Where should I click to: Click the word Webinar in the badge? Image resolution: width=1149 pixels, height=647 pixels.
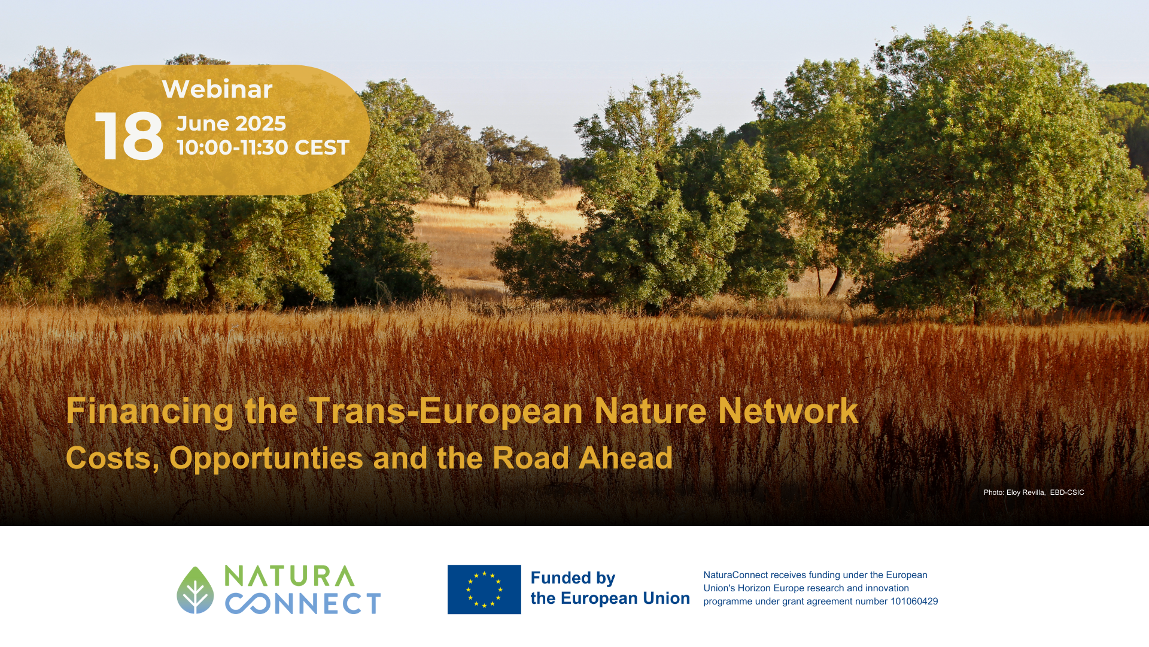(217, 89)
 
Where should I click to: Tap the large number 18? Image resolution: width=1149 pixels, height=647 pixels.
(129, 136)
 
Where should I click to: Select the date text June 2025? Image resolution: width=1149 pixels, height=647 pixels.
(231, 123)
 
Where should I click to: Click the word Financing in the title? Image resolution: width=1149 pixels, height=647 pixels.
(150, 412)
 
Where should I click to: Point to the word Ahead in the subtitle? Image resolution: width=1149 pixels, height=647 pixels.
(625, 458)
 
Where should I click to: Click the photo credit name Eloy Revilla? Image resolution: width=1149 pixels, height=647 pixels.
(1026, 492)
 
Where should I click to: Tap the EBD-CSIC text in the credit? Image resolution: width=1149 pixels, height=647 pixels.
(1067, 492)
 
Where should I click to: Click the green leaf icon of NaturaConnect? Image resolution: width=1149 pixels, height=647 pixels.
(195, 590)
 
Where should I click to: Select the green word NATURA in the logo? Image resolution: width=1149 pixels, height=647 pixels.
(290, 576)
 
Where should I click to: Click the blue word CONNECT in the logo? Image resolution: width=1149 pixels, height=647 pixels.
(303, 604)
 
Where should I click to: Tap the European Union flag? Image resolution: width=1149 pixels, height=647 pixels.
(484, 589)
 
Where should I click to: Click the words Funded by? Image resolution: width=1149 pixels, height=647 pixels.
(573, 578)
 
